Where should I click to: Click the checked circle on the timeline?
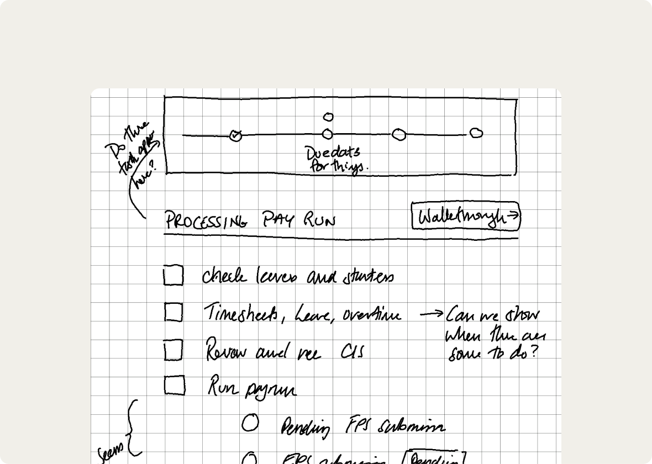tap(236, 135)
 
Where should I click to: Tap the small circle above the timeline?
tap(328, 117)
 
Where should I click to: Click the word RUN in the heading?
tap(319, 220)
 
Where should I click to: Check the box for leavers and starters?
tap(173, 276)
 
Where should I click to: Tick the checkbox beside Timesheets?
tap(173, 313)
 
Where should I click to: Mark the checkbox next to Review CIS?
tap(173, 350)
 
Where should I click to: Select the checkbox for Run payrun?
tap(174, 386)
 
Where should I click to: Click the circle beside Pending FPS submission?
tap(250, 423)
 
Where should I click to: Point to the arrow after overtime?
tap(431, 314)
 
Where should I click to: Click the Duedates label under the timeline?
tap(333, 152)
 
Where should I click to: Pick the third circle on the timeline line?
tap(399, 134)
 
